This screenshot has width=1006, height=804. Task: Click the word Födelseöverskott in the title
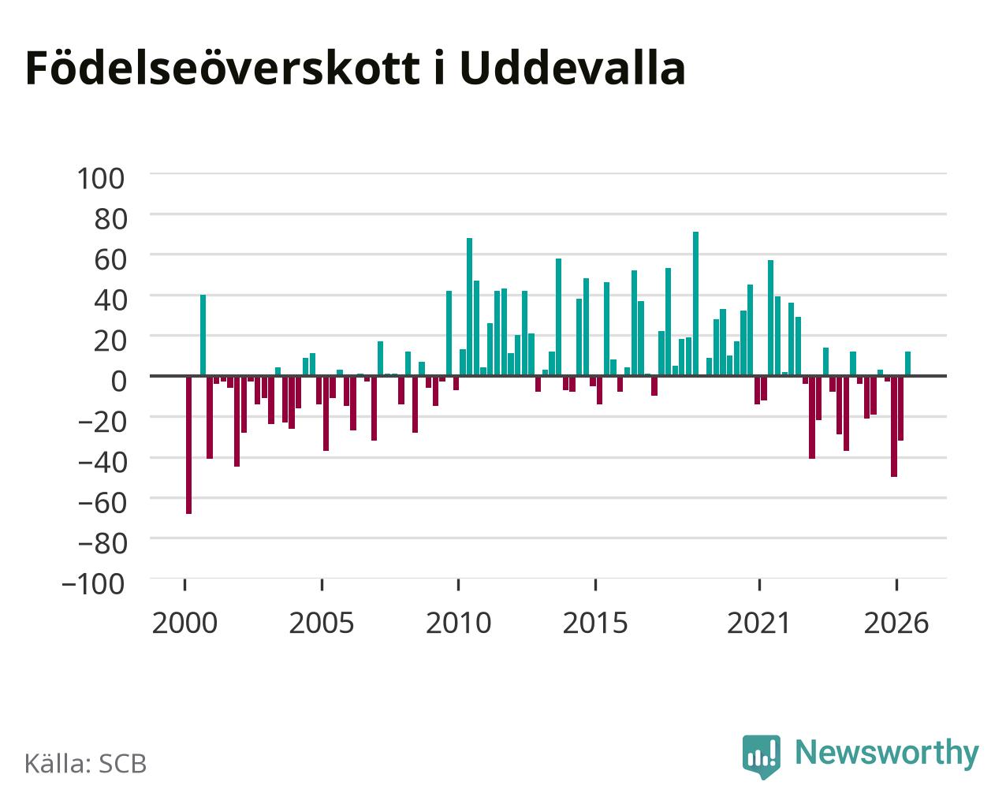(x=222, y=68)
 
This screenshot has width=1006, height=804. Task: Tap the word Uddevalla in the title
(x=572, y=68)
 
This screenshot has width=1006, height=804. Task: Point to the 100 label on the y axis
(x=100, y=179)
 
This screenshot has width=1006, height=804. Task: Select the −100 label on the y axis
(x=93, y=584)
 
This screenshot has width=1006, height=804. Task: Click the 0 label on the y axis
(x=118, y=381)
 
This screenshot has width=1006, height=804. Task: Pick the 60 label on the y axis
(x=110, y=259)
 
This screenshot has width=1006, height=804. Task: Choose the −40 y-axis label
(x=102, y=462)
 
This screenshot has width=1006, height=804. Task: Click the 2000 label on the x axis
(x=184, y=623)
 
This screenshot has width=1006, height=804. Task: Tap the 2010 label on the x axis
(x=458, y=623)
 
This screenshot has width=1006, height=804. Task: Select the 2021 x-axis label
(x=758, y=623)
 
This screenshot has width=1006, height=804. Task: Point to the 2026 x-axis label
(x=896, y=623)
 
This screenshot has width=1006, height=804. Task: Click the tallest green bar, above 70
(x=695, y=303)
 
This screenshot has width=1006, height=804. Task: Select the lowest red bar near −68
(x=188, y=445)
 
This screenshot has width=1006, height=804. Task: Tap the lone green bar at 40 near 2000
(x=203, y=335)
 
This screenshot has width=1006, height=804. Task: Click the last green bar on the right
(x=907, y=363)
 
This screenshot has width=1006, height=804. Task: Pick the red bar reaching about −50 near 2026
(x=894, y=426)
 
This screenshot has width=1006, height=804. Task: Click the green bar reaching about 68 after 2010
(x=469, y=307)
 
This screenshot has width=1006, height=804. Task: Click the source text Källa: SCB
(x=86, y=764)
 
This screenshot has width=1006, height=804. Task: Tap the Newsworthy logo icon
(x=762, y=756)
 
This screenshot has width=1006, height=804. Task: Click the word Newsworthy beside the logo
(x=887, y=753)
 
